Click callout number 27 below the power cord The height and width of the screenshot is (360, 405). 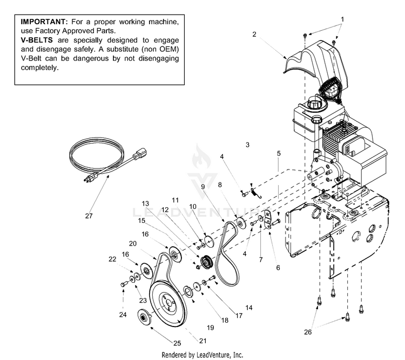89,216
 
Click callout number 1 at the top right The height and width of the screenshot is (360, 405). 342,19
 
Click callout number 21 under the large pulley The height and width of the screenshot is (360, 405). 203,340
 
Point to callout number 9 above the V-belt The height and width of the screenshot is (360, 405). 203,187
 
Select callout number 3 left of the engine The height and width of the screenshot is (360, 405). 247,145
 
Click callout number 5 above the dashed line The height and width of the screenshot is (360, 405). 279,153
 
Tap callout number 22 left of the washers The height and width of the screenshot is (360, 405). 112,260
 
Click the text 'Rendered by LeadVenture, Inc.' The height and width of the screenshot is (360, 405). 202,355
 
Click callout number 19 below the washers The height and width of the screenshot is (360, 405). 210,328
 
